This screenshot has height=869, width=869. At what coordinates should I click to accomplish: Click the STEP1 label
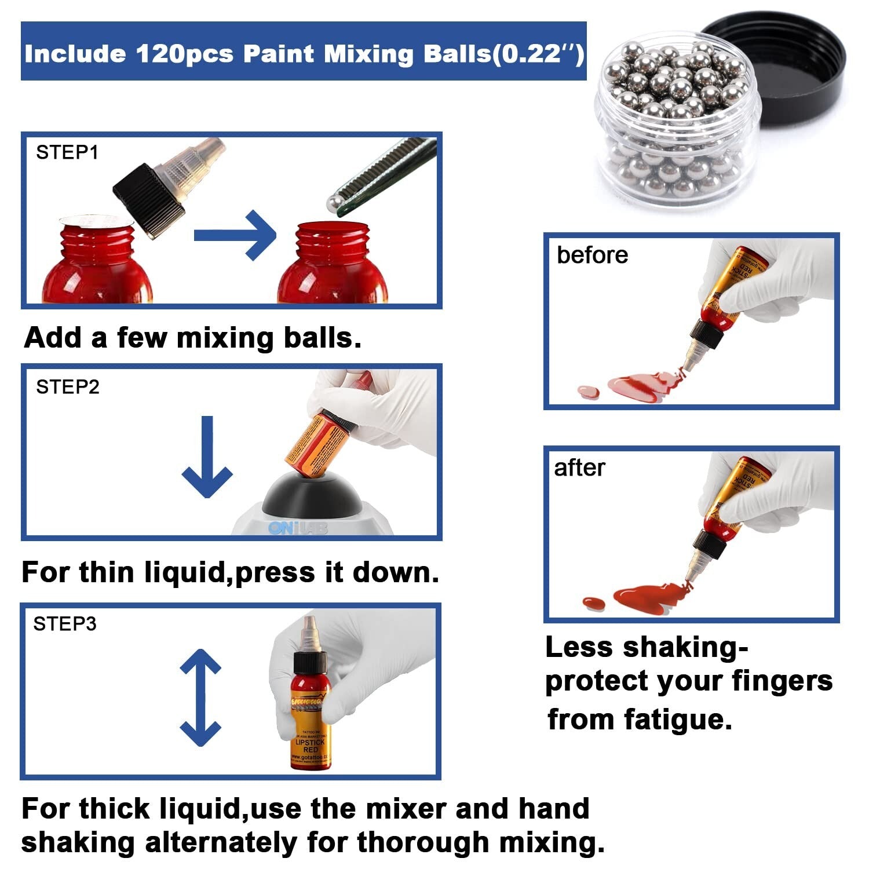67,152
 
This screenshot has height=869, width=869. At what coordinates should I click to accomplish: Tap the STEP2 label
68,387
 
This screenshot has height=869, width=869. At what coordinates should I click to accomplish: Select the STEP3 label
65,624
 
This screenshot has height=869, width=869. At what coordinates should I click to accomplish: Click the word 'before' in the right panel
592,255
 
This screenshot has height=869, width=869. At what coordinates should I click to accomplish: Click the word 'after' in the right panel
579,468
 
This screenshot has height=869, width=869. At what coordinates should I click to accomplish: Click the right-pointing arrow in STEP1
235,235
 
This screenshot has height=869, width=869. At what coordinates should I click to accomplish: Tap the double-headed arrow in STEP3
200,698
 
